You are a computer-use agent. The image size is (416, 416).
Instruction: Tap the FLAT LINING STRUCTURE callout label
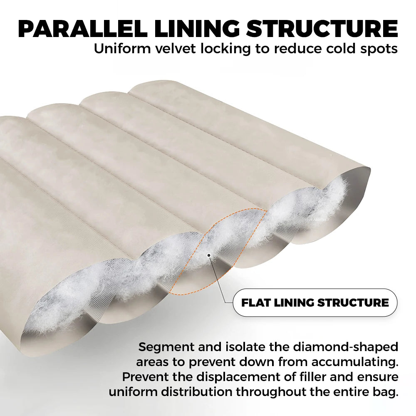coord(315,303)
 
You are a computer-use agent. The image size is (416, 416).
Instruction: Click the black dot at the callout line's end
coord(209,255)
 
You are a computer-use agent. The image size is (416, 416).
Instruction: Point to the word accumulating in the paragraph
coord(355,362)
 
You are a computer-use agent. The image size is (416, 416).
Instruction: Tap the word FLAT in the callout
coord(255,303)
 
